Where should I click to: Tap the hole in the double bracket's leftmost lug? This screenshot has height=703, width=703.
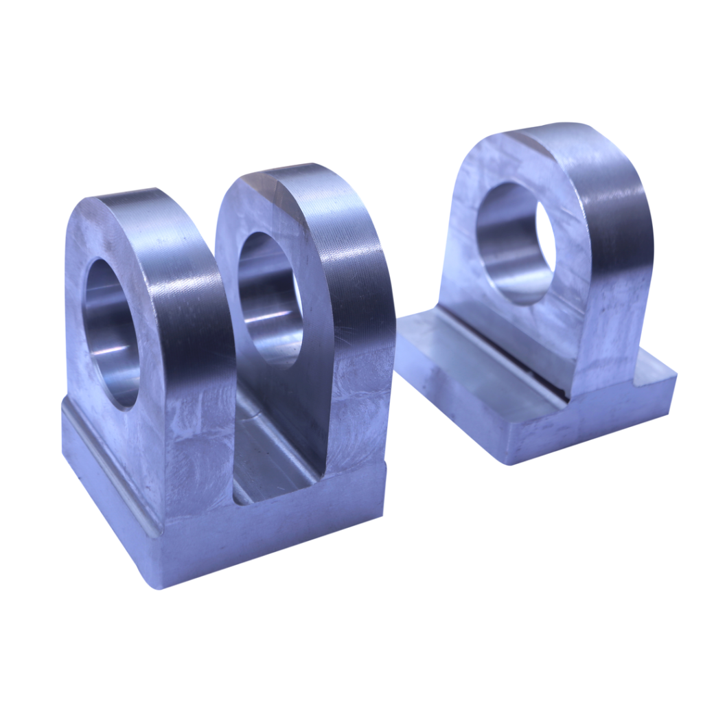click(110, 333)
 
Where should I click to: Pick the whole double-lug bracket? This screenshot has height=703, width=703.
click(227, 384)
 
